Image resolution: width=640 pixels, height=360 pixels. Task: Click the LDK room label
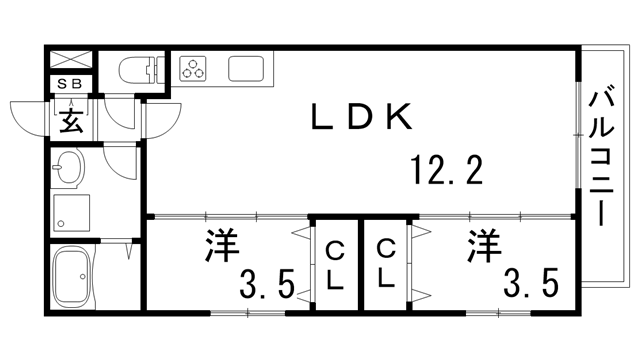point(360,119)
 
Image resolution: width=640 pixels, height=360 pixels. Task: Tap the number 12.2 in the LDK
point(447,172)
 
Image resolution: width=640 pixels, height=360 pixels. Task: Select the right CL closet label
point(386,265)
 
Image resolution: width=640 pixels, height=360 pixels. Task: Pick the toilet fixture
point(145,70)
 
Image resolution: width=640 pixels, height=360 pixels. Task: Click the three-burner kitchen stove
point(193,69)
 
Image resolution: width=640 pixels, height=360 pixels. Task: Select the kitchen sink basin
point(247,69)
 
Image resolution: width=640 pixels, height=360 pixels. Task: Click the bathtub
point(72,276)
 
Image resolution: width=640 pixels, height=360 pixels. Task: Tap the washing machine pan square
point(72,211)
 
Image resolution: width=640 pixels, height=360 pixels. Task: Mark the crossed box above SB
point(70,59)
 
